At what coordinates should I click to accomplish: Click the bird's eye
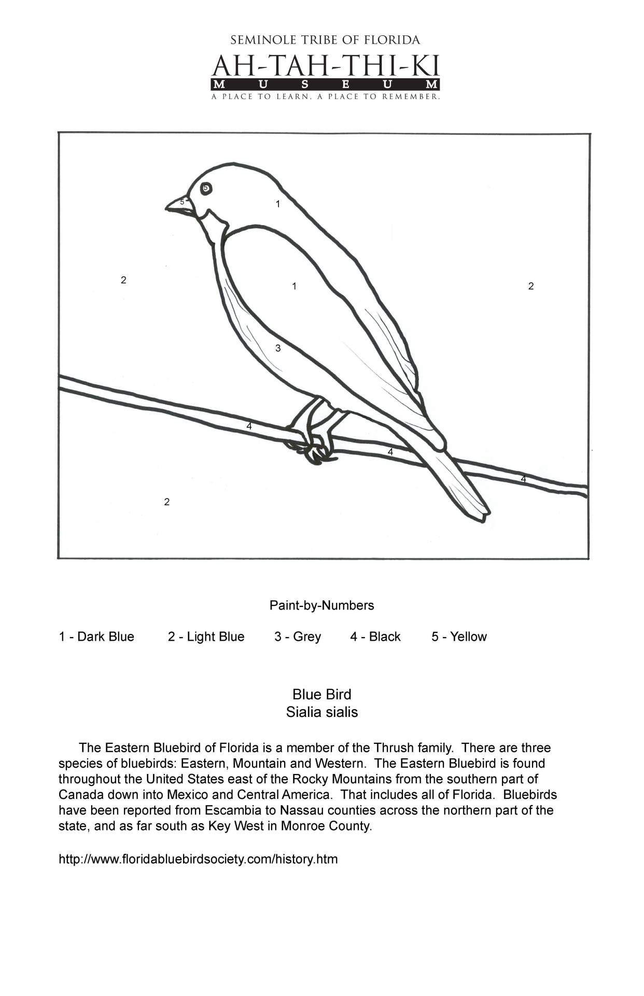click(206, 188)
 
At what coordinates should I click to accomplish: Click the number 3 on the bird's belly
click(278, 348)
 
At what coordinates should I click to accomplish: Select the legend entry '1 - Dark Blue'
click(96, 637)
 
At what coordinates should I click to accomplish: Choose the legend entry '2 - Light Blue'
click(206, 637)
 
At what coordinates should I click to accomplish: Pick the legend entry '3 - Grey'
click(298, 637)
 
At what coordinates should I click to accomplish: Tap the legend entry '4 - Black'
click(375, 637)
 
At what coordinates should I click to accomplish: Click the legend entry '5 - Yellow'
click(459, 637)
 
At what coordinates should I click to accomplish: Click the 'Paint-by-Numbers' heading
click(321, 605)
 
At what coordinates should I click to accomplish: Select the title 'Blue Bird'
click(321, 694)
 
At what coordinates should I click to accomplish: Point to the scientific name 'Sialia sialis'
click(321, 712)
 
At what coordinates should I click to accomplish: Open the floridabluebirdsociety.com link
click(198, 859)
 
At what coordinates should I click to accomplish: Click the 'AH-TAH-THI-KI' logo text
click(325, 66)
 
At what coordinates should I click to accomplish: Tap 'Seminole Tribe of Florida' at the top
click(325, 40)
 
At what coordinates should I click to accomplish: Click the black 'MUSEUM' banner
click(325, 85)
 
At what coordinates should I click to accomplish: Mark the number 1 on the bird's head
click(278, 204)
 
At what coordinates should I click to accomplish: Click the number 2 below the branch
click(166, 502)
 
